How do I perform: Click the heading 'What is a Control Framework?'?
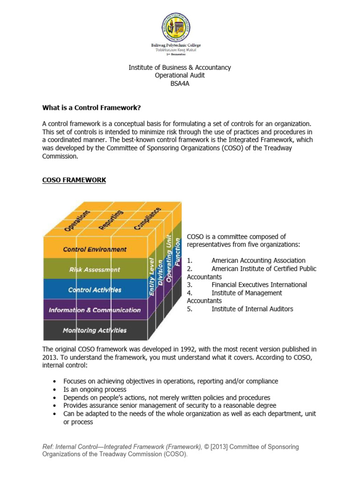coord(91,108)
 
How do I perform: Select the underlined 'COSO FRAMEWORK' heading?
coord(74,180)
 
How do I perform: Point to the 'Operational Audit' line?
coord(180,75)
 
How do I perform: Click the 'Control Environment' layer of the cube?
coord(95,249)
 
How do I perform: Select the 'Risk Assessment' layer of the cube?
coord(95,270)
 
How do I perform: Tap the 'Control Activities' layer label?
coord(95,290)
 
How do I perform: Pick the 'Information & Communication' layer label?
coord(95,310)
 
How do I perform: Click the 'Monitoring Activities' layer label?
coord(95,330)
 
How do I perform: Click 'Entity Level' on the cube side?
coord(152,277)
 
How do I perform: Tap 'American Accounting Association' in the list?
coord(258,261)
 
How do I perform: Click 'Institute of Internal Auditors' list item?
coord(252,309)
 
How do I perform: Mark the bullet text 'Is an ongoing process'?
coord(95,390)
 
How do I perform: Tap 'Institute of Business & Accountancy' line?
coord(180,67)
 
